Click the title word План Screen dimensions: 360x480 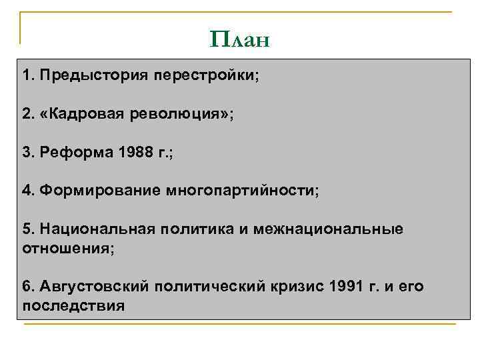pyautogui.click(x=239, y=40)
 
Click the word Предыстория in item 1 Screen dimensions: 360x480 pyautogui.click(x=94, y=75)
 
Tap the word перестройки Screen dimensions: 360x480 pyautogui.click(x=205, y=75)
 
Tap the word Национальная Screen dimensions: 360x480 pyautogui.click(x=97, y=230)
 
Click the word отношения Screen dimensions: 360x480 pyautogui.click(x=66, y=249)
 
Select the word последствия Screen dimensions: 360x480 pyautogui.click(x=73, y=306)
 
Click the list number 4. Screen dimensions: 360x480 pyautogui.click(x=27, y=191)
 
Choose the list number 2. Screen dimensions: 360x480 pyautogui.click(x=27, y=113)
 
